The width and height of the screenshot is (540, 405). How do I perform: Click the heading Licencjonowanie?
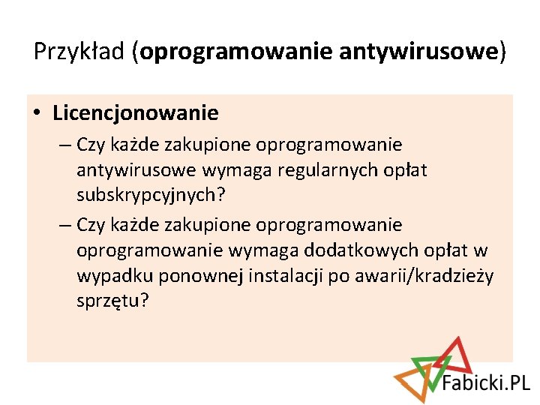pyautogui.click(x=136, y=113)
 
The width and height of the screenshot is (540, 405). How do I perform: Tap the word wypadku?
pyautogui.click(x=108, y=276)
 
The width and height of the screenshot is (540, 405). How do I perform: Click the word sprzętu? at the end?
pyautogui.click(x=113, y=301)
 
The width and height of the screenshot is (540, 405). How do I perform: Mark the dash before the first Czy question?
pyautogui.click(x=61, y=144)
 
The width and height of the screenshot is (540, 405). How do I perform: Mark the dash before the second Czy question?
pyautogui.click(x=61, y=225)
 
